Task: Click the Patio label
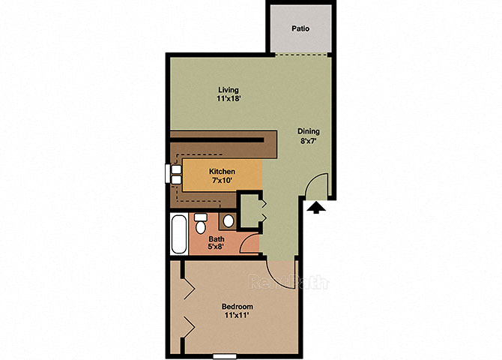click(300, 28)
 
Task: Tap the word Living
click(229, 90)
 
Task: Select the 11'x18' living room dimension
click(229, 99)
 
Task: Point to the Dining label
click(308, 131)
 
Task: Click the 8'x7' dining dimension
click(308, 140)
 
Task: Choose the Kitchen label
click(222, 171)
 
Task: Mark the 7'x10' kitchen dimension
click(222, 181)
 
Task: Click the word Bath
click(217, 238)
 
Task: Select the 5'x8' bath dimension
click(216, 247)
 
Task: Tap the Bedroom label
click(238, 307)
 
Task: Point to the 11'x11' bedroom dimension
click(237, 316)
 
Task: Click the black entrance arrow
click(316, 207)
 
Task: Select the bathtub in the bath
click(179, 234)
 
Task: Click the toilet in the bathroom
click(201, 223)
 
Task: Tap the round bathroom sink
click(229, 220)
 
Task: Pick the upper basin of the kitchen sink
click(176, 169)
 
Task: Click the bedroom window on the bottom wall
click(225, 356)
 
